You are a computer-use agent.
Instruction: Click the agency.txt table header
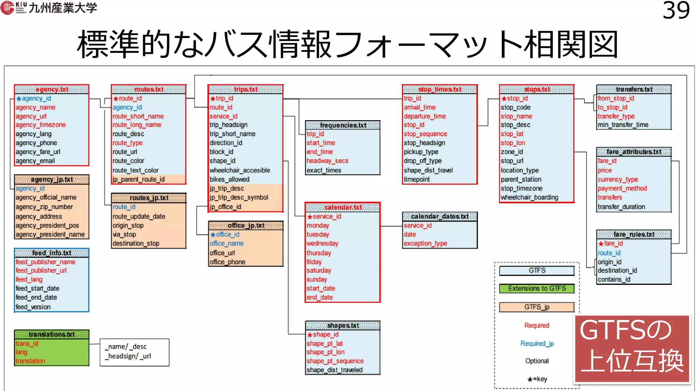tap(52, 89)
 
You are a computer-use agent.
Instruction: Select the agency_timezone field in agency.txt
tap(40, 125)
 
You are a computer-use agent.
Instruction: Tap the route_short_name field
tap(138, 116)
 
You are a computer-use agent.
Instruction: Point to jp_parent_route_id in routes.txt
tap(139, 179)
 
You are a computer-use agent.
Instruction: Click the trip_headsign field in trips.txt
tap(228, 125)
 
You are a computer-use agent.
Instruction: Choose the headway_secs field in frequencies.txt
tap(327, 161)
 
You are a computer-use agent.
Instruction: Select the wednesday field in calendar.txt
tap(322, 243)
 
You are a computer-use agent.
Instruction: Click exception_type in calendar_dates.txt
tap(425, 243)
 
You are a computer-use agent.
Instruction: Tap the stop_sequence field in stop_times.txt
tap(425, 134)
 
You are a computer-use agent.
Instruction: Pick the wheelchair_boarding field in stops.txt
tap(529, 197)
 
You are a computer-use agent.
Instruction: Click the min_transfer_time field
tap(623, 125)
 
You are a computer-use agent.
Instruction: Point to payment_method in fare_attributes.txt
tap(622, 188)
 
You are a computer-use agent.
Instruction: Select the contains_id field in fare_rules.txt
tap(614, 279)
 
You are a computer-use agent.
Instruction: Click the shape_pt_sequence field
tap(335, 361)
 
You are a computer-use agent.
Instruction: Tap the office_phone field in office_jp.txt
tap(227, 262)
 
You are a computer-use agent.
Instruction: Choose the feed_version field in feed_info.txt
tap(33, 307)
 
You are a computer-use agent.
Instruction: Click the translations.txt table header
tap(52, 334)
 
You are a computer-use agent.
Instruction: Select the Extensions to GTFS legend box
tap(537, 288)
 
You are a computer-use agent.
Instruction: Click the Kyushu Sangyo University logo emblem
tap(7, 7)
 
